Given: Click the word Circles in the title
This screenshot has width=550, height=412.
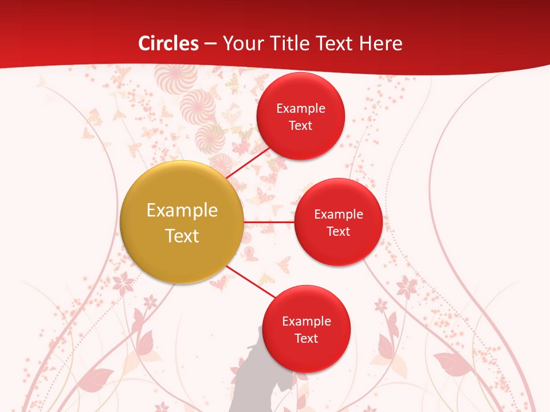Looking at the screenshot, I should [x=168, y=43].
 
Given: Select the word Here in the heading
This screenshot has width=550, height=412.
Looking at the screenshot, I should [x=381, y=43].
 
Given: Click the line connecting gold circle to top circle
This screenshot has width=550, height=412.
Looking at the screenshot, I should [x=249, y=163].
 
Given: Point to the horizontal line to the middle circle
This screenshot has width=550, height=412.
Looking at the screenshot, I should [x=269, y=222].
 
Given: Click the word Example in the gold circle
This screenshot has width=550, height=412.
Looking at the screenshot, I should [x=182, y=211].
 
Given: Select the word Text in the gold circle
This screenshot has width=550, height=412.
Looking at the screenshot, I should [x=182, y=236].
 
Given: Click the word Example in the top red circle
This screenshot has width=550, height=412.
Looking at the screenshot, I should [x=301, y=109].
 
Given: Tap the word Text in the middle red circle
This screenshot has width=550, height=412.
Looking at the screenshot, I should [x=339, y=231].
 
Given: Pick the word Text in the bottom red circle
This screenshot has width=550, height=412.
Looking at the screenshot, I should [x=307, y=339].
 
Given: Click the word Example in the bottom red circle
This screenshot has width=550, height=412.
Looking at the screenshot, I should [x=307, y=322].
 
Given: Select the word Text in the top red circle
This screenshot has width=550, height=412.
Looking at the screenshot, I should [x=301, y=125].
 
